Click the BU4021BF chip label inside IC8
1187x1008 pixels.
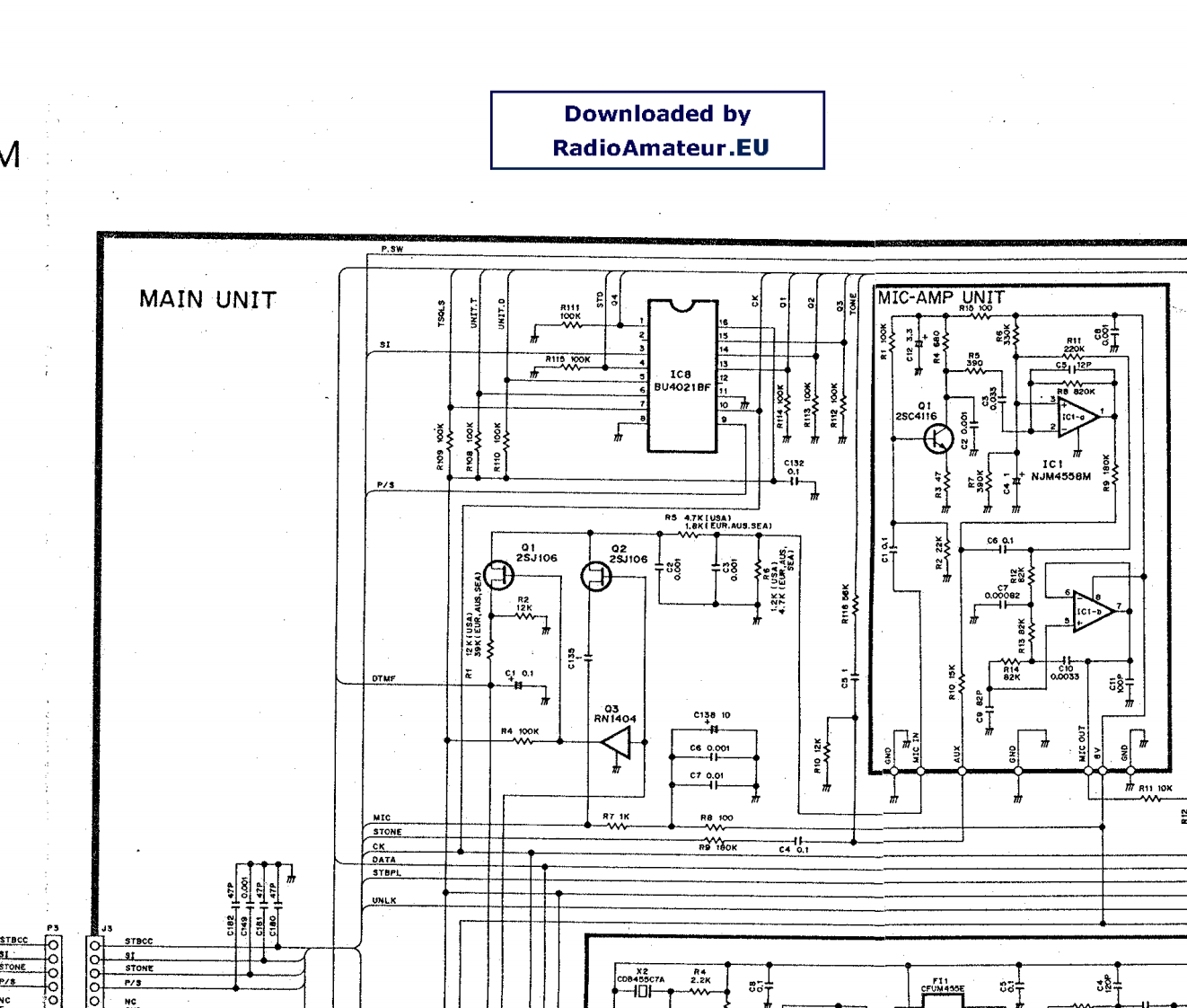[681, 388]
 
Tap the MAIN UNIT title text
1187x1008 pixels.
[207, 299]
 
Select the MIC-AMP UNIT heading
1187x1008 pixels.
[940, 297]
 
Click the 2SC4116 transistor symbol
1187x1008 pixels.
[938, 438]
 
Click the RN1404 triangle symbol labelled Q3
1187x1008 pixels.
[617, 742]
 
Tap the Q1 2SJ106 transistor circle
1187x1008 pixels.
[498, 574]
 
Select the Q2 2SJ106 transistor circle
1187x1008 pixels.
[596, 576]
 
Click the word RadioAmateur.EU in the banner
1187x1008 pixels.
[660, 148]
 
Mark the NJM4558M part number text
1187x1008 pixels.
[1060, 476]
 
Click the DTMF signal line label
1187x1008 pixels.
[383, 678]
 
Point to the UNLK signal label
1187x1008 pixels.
[384, 900]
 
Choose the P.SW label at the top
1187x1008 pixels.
[392, 249]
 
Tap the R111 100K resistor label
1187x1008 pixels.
[570, 312]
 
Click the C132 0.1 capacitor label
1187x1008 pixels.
[794, 467]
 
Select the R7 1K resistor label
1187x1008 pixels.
[616, 817]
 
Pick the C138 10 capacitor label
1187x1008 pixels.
[711, 715]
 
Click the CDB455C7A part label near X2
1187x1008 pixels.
[640, 979]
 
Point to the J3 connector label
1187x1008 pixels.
[107, 928]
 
